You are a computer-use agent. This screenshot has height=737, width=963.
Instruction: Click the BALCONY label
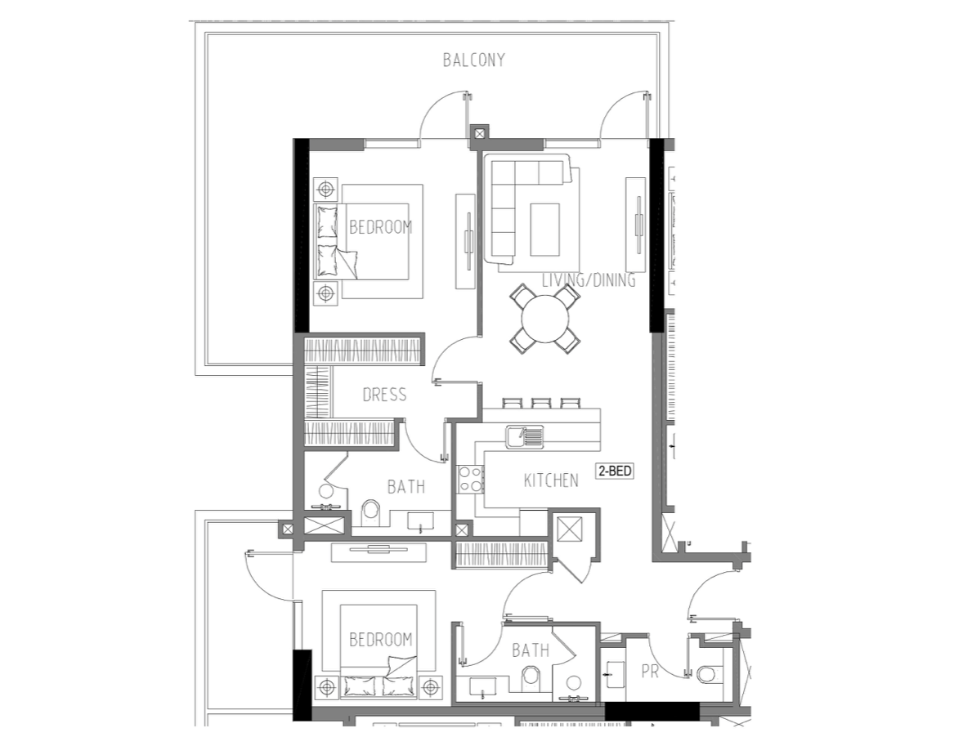pyautogui.click(x=474, y=60)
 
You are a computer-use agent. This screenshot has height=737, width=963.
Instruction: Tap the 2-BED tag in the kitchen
pyautogui.click(x=614, y=471)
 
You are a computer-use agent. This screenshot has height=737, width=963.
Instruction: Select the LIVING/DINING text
pyautogui.click(x=589, y=280)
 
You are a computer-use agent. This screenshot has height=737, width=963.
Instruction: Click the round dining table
pyautogui.click(x=544, y=319)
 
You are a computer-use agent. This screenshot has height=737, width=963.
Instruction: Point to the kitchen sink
pyautogui.click(x=525, y=437)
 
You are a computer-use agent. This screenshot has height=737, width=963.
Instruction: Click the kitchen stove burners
pyautogui.click(x=470, y=479)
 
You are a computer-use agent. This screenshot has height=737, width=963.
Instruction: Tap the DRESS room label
pyautogui.click(x=384, y=395)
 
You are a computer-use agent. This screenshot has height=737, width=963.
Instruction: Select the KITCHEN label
pyautogui.click(x=551, y=480)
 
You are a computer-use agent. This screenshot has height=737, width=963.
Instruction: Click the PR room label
pyautogui.click(x=650, y=672)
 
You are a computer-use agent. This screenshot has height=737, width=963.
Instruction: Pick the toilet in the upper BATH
pyautogui.click(x=370, y=513)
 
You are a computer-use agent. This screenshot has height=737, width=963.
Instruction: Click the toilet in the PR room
pyautogui.click(x=706, y=674)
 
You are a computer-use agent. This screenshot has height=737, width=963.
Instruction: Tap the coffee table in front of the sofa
pyautogui.click(x=544, y=230)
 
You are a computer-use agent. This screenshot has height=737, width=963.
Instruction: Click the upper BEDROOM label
pyautogui.click(x=381, y=228)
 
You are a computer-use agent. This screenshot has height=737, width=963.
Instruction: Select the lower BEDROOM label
pyautogui.click(x=381, y=640)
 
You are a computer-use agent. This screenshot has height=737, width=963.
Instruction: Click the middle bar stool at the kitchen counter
pyautogui.click(x=541, y=403)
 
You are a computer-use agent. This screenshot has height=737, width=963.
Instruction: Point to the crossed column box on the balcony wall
pyautogui.click(x=479, y=133)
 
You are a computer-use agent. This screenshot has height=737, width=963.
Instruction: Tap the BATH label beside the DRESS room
pyautogui.click(x=406, y=487)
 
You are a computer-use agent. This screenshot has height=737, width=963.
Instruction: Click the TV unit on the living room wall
pyautogui.click(x=636, y=225)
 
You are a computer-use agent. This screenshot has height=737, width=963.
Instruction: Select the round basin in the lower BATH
pyautogui.click(x=574, y=683)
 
